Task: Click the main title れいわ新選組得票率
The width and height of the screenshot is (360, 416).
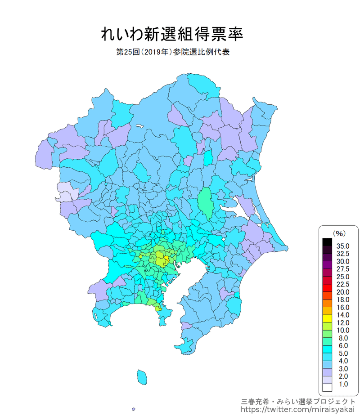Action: [x=172, y=34]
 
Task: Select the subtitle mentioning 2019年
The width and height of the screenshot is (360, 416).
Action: [x=173, y=53]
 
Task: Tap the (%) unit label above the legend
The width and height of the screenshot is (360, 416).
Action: [x=338, y=233]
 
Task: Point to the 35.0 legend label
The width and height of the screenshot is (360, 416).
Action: [x=342, y=246]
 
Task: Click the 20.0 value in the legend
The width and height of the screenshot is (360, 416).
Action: [x=342, y=292]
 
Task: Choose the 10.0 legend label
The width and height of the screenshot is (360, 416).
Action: [x=342, y=331]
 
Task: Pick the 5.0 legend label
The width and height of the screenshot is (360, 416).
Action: [x=342, y=353]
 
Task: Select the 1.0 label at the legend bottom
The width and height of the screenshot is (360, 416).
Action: [x=342, y=384]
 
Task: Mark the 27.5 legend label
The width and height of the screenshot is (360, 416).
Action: [x=342, y=269]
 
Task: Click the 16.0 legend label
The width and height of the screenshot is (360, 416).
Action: [x=342, y=308]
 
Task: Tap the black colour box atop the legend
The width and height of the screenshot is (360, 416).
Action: [x=327, y=242]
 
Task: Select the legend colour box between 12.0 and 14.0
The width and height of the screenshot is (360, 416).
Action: [x=327, y=319]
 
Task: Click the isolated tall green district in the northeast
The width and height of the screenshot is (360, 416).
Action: [x=206, y=203]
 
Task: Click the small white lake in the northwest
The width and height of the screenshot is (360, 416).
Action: [x=138, y=127]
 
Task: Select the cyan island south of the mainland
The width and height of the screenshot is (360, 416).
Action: [x=142, y=376]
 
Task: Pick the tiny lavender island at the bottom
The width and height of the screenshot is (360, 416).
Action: [x=134, y=409]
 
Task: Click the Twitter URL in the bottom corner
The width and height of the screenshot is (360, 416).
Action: [x=298, y=409]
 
